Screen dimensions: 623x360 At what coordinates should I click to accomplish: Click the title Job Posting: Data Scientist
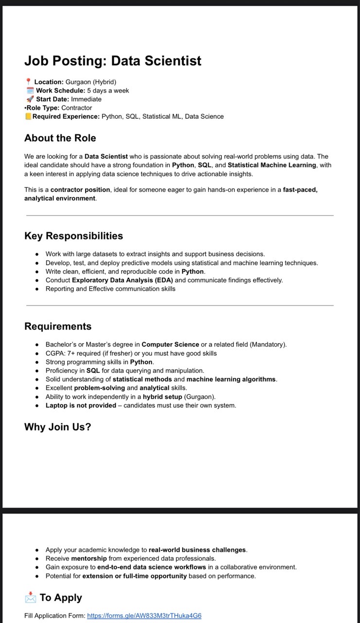pyautogui.click(x=113, y=61)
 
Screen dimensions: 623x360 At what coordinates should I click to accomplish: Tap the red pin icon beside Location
pyautogui.click(x=28, y=82)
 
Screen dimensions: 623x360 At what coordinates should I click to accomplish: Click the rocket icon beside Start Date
pyautogui.click(x=30, y=99)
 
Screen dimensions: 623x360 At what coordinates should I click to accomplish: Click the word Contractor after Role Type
pyautogui.click(x=76, y=108)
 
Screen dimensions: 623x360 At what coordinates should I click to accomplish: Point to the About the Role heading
pyautogui.click(x=60, y=138)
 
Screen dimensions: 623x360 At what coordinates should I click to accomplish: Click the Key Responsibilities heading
pyautogui.click(x=73, y=236)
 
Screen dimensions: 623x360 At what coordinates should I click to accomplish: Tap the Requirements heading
pyautogui.click(x=58, y=326)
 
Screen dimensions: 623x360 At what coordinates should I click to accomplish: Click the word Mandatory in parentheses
pyautogui.click(x=268, y=345)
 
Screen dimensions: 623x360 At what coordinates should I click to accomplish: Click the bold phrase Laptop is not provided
pyautogui.click(x=81, y=405)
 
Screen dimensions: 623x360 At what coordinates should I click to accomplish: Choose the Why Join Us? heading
pyautogui.click(x=57, y=427)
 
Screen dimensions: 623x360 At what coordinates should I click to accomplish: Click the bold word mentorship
pyautogui.click(x=89, y=559)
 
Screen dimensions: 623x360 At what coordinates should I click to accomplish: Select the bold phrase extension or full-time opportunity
pyautogui.click(x=134, y=576)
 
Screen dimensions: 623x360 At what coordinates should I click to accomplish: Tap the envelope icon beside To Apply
pyautogui.click(x=30, y=598)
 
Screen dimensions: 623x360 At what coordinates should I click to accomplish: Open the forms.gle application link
pyautogui.click(x=144, y=616)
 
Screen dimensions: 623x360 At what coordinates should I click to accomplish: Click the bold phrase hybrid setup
pyautogui.click(x=162, y=397)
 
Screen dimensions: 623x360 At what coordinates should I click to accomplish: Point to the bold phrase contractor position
pyautogui.click(x=81, y=190)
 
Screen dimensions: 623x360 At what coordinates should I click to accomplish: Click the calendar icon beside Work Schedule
pyautogui.click(x=30, y=91)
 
